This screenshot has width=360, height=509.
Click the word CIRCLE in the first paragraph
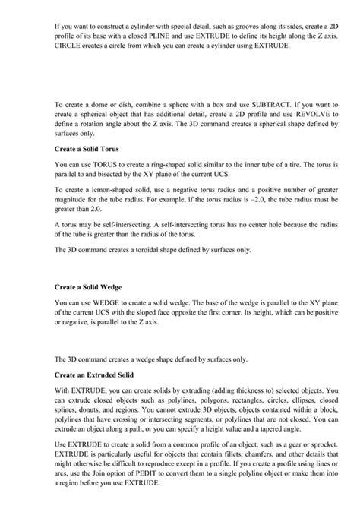(x=71, y=46)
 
